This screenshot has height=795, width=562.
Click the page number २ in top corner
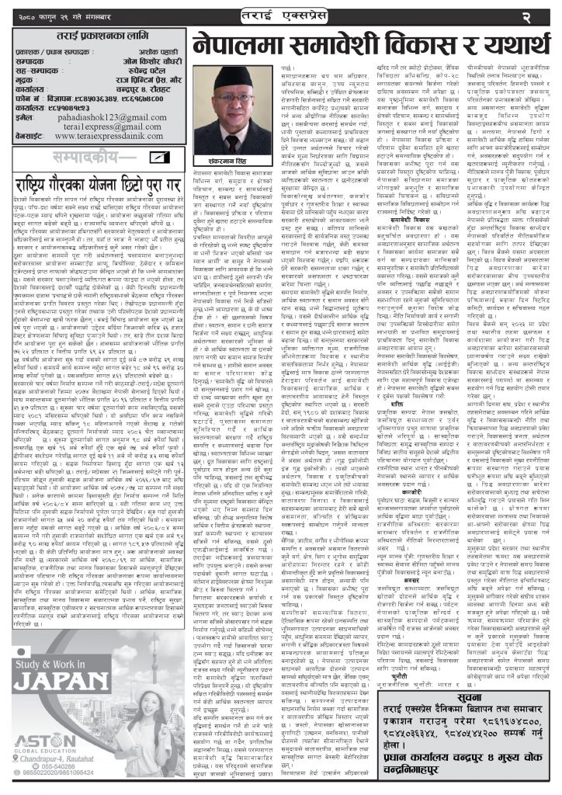pos(546,16)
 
